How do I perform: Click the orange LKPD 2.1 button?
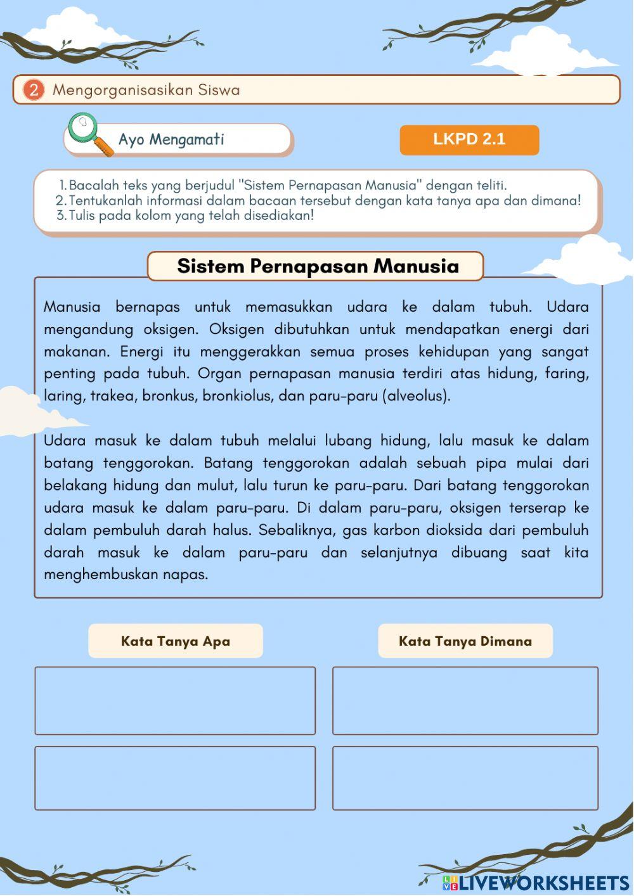pos(469,139)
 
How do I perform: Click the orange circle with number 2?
pos(33,90)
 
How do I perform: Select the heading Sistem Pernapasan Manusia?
pos(317,266)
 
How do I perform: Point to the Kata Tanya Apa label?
pos(176,641)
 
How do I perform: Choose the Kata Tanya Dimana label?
pos(465,641)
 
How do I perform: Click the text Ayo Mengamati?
pos(171,139)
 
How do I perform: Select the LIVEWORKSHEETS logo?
pos(536,882)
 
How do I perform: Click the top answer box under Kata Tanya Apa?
pos(175,700)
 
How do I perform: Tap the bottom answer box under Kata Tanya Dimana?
pos(465,778)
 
